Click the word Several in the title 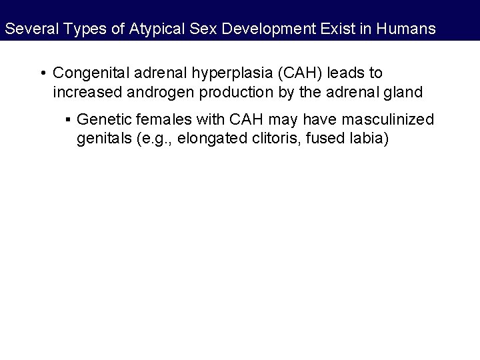(27, 29)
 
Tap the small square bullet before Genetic (69, 121)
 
